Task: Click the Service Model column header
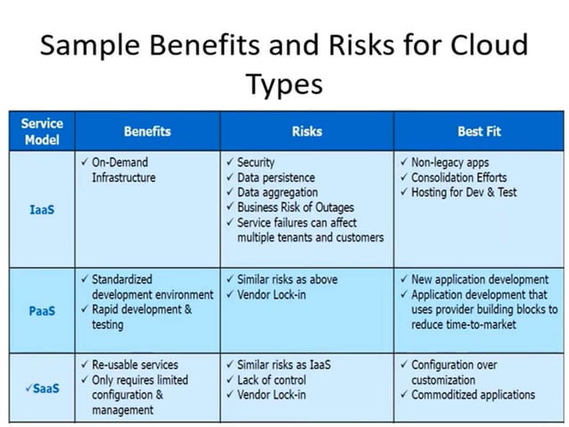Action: point(41,131)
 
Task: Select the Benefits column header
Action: point(147,131)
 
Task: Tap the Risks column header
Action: point(307,131)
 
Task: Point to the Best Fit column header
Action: point(479,131)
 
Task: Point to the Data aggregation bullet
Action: point(283,192)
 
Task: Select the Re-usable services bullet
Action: point(135,364)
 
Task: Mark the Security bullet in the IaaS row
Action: point(256,163)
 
